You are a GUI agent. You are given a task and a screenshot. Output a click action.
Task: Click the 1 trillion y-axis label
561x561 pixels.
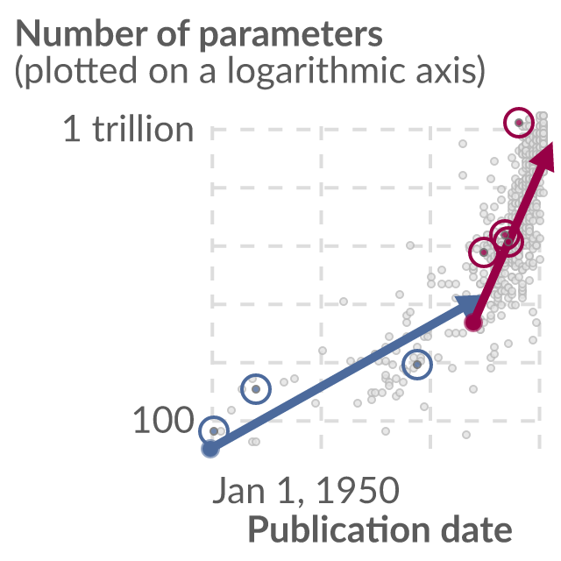pos(129,129)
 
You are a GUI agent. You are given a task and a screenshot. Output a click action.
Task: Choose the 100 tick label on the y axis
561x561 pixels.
pos(164,420)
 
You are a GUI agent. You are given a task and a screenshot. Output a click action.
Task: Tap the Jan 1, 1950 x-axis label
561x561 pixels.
pos(306,490)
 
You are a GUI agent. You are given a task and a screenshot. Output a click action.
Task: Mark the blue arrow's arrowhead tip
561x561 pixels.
pos(480,296)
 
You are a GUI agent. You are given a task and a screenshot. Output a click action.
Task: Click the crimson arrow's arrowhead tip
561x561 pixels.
pos(553,142)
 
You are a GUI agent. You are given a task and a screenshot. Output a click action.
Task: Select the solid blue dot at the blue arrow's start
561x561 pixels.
pos(210,449)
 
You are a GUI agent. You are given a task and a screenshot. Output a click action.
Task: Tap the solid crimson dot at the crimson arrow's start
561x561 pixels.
pos(473,323)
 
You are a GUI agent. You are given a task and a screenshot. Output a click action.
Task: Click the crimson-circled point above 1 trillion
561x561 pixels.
pos(519,123)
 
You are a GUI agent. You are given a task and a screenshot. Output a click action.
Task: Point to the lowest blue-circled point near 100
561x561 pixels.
pos(214,431)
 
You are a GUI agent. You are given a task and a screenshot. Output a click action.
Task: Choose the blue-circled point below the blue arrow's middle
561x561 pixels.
pos(417,365)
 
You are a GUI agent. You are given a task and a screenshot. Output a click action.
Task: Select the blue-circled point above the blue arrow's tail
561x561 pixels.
pos(256,389)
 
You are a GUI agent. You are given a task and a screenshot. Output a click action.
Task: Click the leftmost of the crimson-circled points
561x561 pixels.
pos(484,252)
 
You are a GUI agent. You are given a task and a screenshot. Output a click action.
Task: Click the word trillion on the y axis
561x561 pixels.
pos(143,129)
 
